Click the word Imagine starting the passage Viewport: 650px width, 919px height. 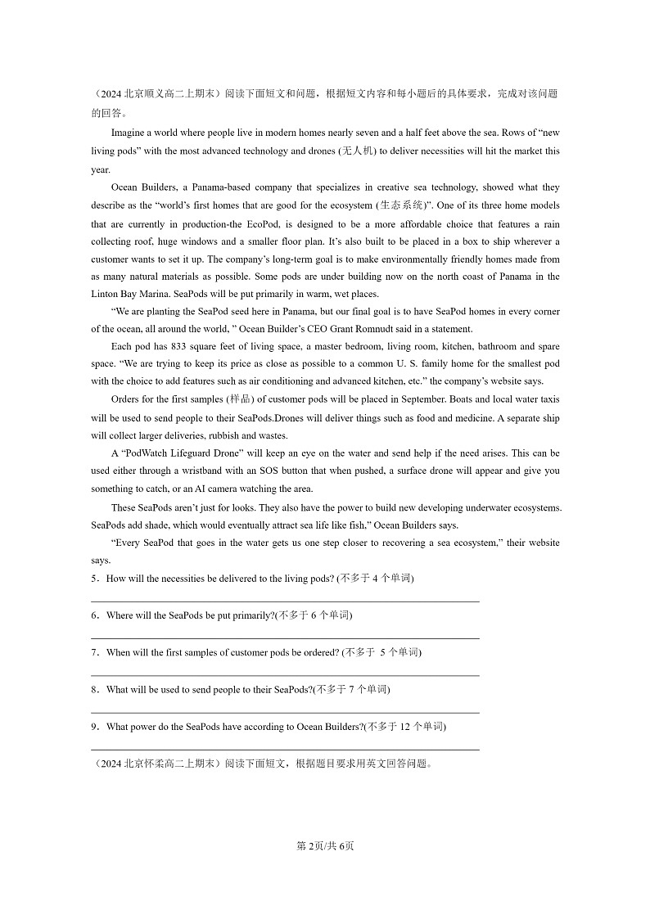pos(128,133)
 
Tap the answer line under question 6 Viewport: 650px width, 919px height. pos(284,638)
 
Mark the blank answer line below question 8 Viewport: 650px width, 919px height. pos(284,712)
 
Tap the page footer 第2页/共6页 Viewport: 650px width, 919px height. pos(325,846)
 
